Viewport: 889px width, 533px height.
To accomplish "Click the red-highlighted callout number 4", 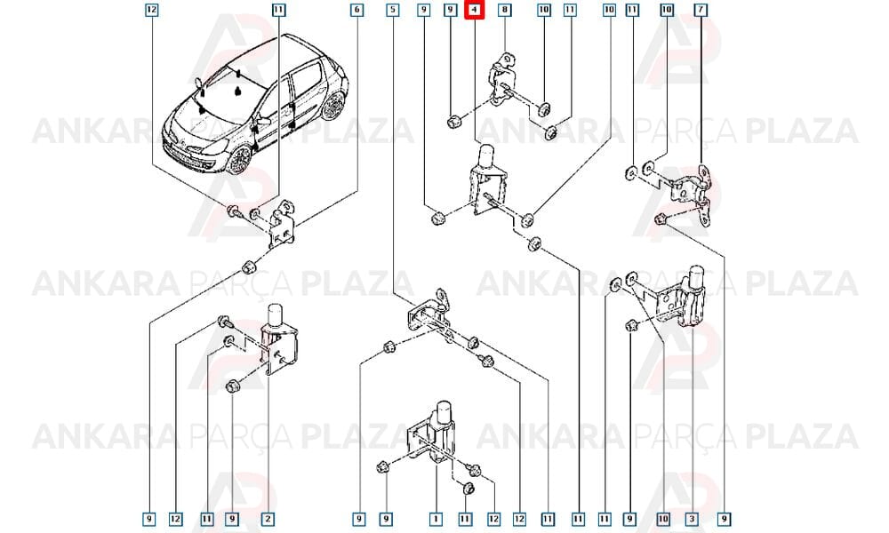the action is pyautogui.click(x=474, y=10).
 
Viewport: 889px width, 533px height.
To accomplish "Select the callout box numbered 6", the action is pyautogui.click(x=356, y=10).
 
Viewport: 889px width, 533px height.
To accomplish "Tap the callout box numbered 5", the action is pyautogui.click(x=393, y=10).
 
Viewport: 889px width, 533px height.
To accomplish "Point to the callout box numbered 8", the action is pyautogui.click(x=504, y=10).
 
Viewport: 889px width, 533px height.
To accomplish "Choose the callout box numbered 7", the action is pyautogui.click(x=701, y=10).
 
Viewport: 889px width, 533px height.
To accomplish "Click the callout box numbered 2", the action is pyautogui.click(x=268, y=518).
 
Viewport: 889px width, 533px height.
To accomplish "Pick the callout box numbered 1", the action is pyautogui.click(x=436, y=518).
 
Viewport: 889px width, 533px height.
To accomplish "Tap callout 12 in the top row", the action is pyautogui.click(x=151, y=10).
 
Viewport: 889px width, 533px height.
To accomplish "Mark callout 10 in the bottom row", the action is pyautogui.click(x=663, y=518).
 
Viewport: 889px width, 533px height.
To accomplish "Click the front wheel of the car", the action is pyautogui.click(x=238, y=160).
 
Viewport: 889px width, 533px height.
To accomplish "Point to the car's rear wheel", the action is pyautogui.click(x=333, y=106).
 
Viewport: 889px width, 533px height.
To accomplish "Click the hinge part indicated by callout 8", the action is pyautogui.click(x=502, y=79).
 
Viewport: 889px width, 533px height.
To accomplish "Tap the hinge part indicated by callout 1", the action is pyautogui.click(x=436, y=434).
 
